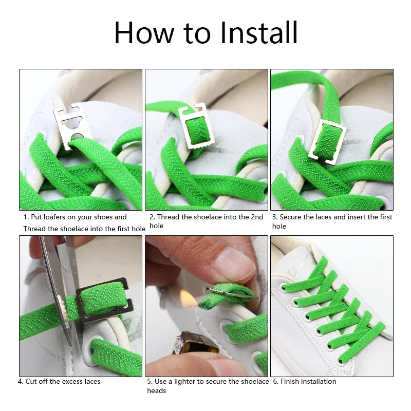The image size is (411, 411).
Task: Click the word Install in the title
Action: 259,32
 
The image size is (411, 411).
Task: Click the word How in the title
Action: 144,32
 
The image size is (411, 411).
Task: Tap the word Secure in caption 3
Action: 290,217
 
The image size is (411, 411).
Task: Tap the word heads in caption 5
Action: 157,390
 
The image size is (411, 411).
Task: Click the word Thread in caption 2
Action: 169,217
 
